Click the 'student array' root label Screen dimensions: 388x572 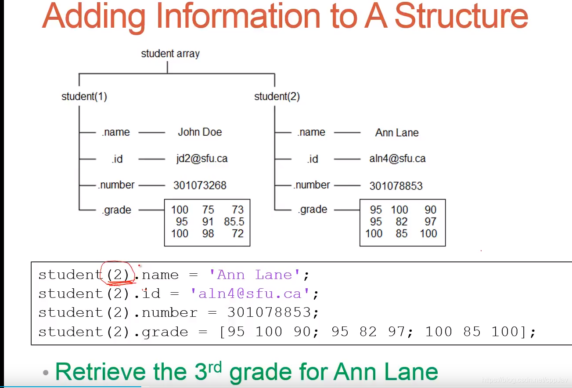170,54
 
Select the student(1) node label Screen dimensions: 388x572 84,97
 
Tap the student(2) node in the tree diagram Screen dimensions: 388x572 277,97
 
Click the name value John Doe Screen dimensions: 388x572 200,132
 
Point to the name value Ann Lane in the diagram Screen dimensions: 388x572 397,133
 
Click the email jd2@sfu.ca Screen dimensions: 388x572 202,159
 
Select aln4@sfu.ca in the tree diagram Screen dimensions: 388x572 397,159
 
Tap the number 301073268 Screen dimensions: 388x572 200,185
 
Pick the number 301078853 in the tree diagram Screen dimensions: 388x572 396,185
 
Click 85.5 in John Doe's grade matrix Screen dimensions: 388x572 234,222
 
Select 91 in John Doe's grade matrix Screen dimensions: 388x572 208,222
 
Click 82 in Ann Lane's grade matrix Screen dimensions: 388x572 402,222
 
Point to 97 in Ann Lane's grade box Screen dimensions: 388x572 430,222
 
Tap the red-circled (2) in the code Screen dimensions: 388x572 117,275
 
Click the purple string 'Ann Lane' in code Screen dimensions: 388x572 255,275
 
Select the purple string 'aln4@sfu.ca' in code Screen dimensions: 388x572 250,293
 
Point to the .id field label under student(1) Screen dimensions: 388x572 117,159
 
